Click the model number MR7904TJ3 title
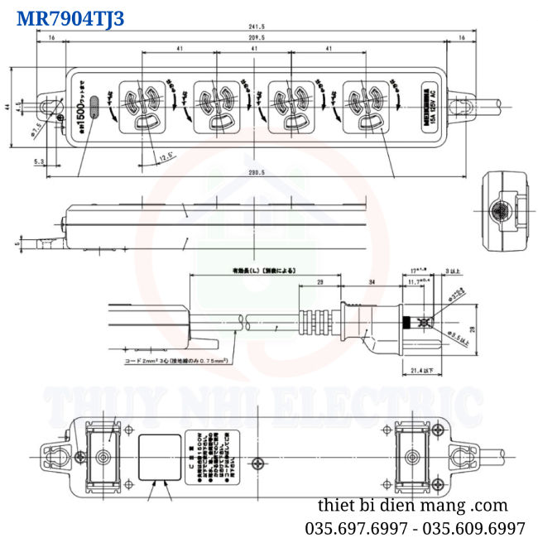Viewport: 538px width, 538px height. click(70, 18)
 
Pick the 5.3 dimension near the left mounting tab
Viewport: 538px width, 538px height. click(39, 162)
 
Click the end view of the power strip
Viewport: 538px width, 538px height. click(502, 212)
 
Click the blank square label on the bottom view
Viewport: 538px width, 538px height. click(158, 458)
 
